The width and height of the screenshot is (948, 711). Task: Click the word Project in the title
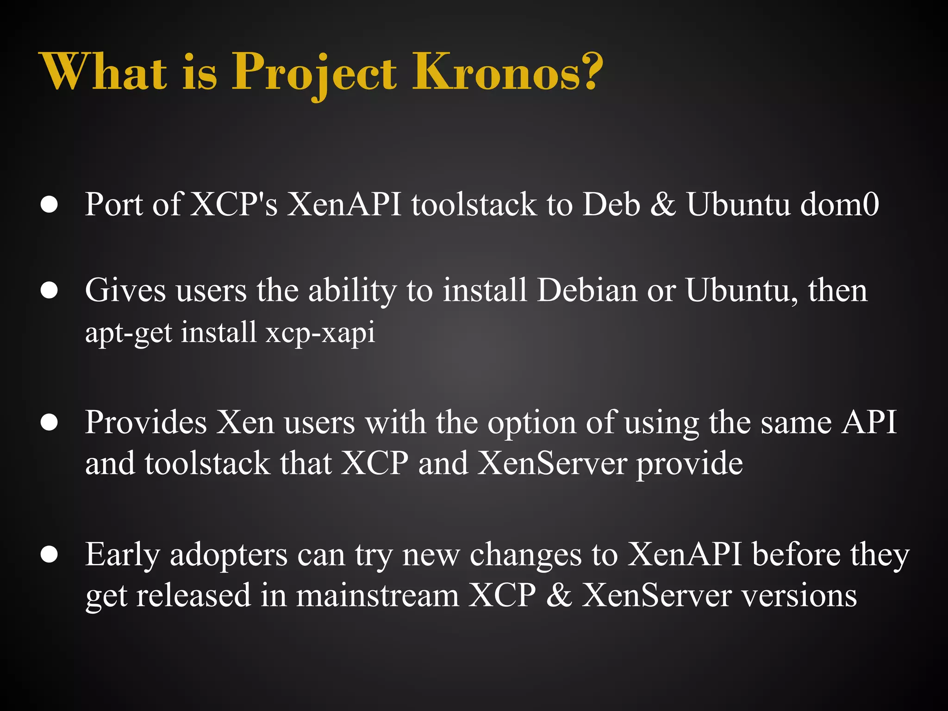[314, 72]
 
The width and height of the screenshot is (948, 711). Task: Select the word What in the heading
[104, 72]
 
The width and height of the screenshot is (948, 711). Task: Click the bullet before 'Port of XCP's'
[49, 205]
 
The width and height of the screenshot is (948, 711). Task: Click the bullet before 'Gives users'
[49, 290]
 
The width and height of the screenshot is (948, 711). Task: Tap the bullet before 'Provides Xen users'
[49, 422]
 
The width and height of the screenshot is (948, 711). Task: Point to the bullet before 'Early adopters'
[49, 555]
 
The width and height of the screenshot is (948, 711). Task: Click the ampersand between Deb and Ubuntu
[663, 205]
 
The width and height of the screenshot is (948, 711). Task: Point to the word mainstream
[377, 595]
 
